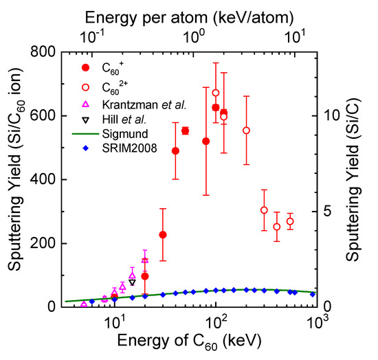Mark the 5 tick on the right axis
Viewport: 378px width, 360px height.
[328, 212]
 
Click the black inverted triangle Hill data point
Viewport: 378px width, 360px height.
[132, 282]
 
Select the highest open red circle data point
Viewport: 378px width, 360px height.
[216, 93]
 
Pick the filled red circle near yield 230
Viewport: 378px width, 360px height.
[163, 235]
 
